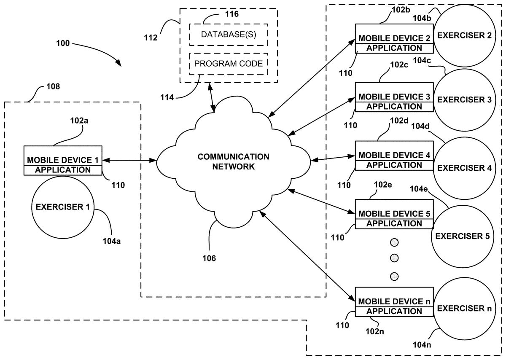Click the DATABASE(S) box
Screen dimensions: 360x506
click(228, 34)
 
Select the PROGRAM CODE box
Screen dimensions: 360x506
click(228, 64)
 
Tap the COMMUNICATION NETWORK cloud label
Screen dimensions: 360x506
click(233, 161)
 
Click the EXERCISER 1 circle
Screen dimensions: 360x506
click(62, 207)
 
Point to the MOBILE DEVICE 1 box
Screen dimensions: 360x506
click(63, 161)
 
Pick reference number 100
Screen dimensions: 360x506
click(62, 43)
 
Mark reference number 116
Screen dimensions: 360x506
click(231, 14)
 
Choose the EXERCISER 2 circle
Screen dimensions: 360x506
click(464, 35)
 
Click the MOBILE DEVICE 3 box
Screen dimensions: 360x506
click(394, 97)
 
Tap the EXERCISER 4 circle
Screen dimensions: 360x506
click(464, 168)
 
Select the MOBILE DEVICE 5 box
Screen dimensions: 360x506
click(394, 214)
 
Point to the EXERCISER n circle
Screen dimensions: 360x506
click(464, 309)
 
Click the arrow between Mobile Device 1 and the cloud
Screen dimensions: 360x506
click(129, 160)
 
